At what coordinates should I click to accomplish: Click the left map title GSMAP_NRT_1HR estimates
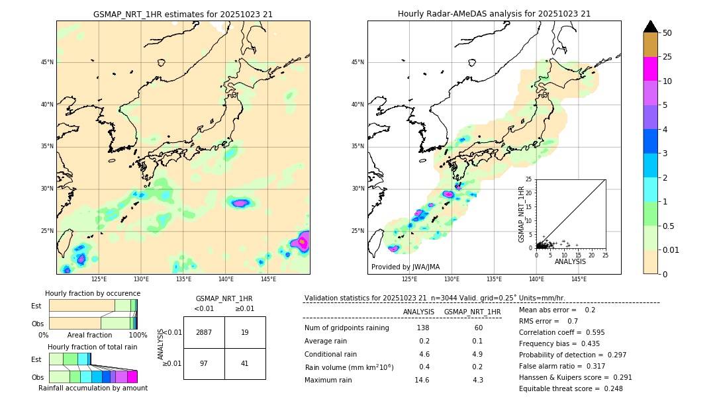[x=183, y=14]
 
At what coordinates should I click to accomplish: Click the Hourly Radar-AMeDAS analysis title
[x=494, y=14]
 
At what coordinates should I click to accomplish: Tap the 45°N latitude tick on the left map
[x=47, y=62]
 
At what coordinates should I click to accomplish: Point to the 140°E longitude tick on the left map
[x=226, y=279]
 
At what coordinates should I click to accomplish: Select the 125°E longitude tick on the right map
[x=410, y=279]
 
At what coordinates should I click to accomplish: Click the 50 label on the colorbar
[x=667, y=33]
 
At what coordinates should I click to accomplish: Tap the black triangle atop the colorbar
[x=651, y=26]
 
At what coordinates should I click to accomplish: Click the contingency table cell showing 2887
[x=204, y=332]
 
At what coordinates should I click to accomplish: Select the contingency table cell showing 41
[x=245, y=363]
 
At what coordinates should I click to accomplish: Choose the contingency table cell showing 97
[x=204, y=363]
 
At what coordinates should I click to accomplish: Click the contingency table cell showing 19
[x=245, y=332]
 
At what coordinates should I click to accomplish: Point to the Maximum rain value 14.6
[x=422, y=380]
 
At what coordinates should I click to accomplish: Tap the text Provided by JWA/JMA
[x=405, y=267]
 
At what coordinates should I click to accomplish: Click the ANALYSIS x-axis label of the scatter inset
[x=571, y=262]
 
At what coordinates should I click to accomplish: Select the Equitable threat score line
[x=571, y=388]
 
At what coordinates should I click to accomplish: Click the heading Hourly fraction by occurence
[x=93, y=293]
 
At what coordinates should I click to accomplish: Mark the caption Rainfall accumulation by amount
[x=93, y=388]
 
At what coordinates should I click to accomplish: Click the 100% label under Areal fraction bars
[x=138, y=335]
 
